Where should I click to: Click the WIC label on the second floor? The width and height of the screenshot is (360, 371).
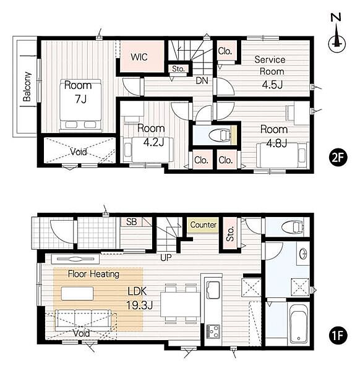point(139,57)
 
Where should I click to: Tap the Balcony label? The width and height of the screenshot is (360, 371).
point(27,87)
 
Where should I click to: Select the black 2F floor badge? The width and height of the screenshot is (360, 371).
point(338,158)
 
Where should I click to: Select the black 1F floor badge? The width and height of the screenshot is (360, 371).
point(338,335)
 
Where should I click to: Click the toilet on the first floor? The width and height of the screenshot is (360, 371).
point(293,227)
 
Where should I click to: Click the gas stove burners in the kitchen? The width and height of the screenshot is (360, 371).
point(213,331)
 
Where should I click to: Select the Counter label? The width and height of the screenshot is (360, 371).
point(204,224)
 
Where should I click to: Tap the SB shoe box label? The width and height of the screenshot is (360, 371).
point(131,222)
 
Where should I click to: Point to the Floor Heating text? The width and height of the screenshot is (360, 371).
point(94,274)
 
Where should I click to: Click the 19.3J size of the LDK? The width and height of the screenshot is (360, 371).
point(140,305)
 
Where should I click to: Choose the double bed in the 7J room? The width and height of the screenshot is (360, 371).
point(80,105)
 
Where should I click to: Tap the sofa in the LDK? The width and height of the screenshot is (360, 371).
point(83,320)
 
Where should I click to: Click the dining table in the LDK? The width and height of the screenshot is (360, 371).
point(181,304)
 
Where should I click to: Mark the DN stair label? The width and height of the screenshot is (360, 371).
point(202,80)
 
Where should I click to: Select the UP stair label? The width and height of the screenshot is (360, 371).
point(166,258)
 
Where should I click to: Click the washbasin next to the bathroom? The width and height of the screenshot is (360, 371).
point(303,254)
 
